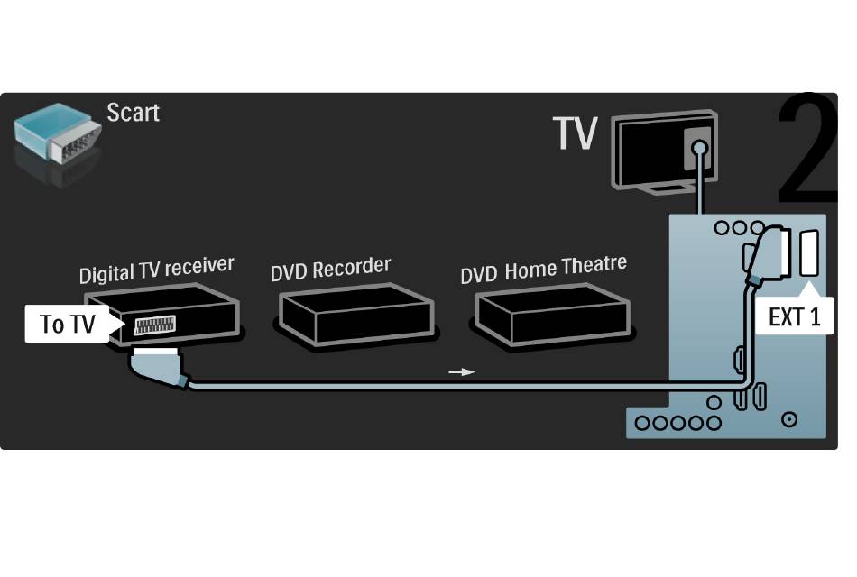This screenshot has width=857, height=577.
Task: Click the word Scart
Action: pyautogui.click(x=133, y=113)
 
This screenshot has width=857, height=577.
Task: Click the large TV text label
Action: pyautogui.click(x=575, y=133)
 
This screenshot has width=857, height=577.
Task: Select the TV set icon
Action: pyautogui.click(x=665, y=151)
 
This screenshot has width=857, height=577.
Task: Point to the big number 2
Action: pyautogui.click(x=806, y=149)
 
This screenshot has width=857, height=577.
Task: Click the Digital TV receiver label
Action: pyautogui.click(x=156, y=270)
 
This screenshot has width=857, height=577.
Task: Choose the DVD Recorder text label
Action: pyautogui.click(x=331, y=269)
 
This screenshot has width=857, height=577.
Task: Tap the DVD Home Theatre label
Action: pyautogui.click(x=544, y=269)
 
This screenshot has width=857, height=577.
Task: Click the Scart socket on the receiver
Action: pyautogui.click(x=154, y=325)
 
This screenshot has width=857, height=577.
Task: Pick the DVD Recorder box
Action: pyautogui.click(x=355, y=314)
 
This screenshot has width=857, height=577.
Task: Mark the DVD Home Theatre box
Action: pyautogui.click(x=552, y=314)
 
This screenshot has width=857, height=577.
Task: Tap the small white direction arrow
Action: pyautogui.click(x=461, y=372)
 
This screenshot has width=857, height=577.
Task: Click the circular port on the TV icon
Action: pyautogui.click(x=699, y=148)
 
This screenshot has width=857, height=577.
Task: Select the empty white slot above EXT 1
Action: pyautogui.click(x=809, y=253)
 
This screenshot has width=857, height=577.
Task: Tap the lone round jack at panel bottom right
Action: pyautogui.click(x=789, y=419)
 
